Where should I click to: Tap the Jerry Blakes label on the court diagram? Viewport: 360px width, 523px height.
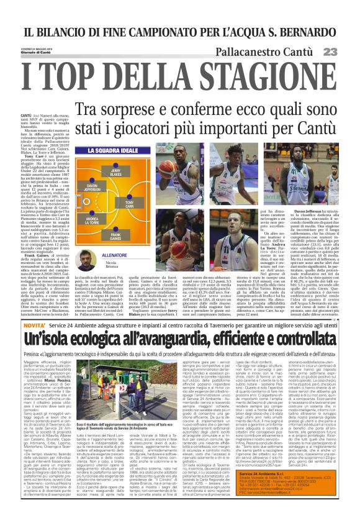(115, 172)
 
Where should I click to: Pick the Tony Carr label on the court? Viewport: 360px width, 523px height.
(130, 203)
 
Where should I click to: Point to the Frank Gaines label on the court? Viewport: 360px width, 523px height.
(115, 236)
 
